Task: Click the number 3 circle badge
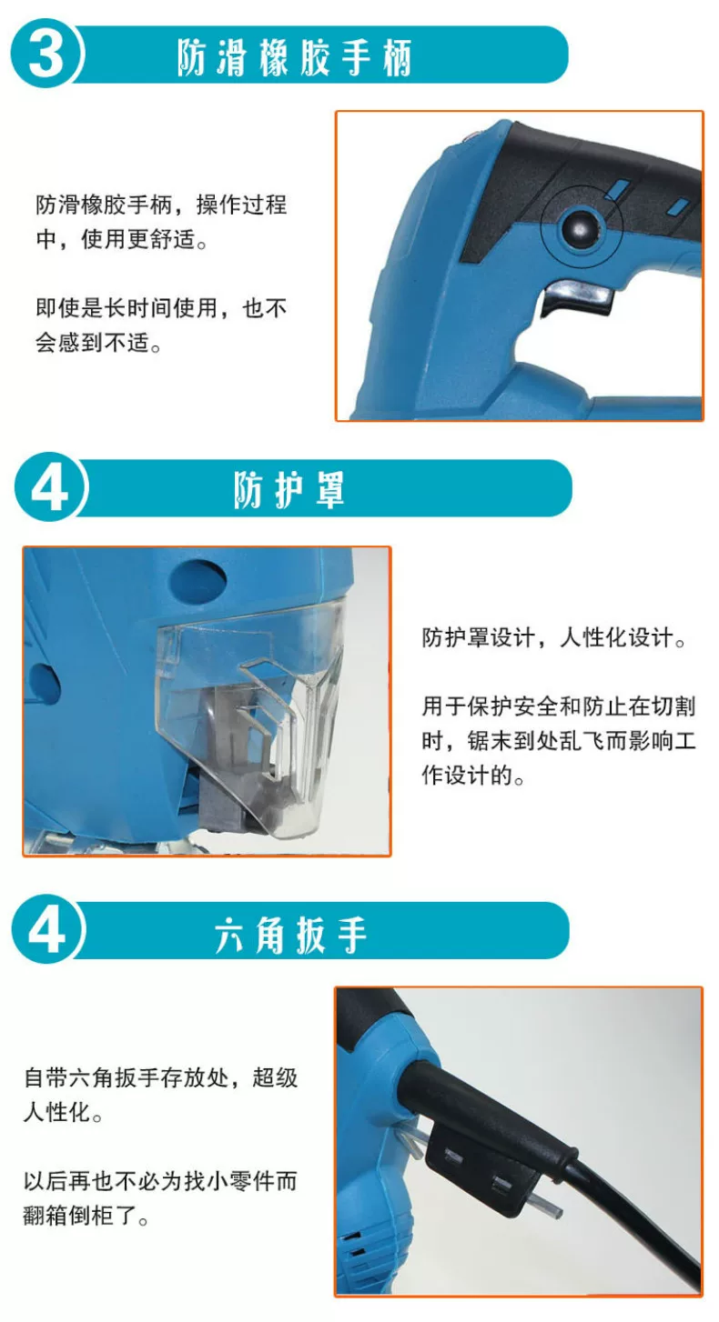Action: (46, 54)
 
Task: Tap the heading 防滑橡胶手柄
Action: (294, 58)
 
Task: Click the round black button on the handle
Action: (581, 226)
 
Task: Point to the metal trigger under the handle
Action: (577, 298)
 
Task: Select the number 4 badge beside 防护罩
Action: (50, 487)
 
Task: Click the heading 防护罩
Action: (289, 489)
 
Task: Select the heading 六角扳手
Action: (290, 935)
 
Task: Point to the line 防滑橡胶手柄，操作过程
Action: (161, 205)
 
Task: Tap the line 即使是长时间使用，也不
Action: (161, 307)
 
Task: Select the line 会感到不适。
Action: (98, 342)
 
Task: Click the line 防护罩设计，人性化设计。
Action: (554, 637)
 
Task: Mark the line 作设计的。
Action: (473, 775)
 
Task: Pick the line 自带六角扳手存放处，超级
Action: (161, 1077)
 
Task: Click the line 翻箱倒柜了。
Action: (86, 1216)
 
